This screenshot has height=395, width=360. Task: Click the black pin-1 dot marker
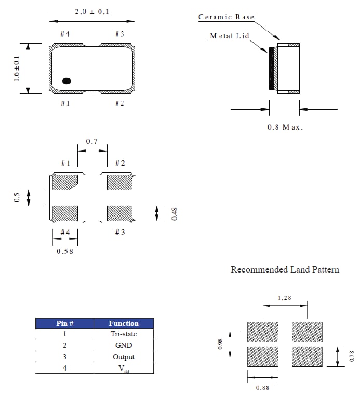[66, 80]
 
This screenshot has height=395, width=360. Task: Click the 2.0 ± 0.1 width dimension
[92, 11]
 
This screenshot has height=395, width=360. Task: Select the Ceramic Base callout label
[226, 17]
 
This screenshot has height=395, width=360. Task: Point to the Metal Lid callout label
[229, 36]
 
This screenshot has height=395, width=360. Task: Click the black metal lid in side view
[271, 69]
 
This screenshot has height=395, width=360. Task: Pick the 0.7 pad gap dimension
[92, 141]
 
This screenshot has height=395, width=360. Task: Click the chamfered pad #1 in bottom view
[65, 182]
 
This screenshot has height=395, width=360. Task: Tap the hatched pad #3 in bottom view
[119, 213]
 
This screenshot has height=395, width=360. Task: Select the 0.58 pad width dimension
[65, 252]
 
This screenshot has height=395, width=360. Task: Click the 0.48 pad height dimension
[175, 213]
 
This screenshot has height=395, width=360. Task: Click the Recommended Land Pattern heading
[285, 269]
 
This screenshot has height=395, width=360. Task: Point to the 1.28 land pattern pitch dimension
[284, 298]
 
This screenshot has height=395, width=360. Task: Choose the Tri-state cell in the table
[124, 334]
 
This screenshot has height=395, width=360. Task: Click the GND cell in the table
[124, 345]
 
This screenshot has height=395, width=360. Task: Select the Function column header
[124, 323]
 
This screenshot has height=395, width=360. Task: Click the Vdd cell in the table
[124, 368]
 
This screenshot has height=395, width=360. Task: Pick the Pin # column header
[64, 323]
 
